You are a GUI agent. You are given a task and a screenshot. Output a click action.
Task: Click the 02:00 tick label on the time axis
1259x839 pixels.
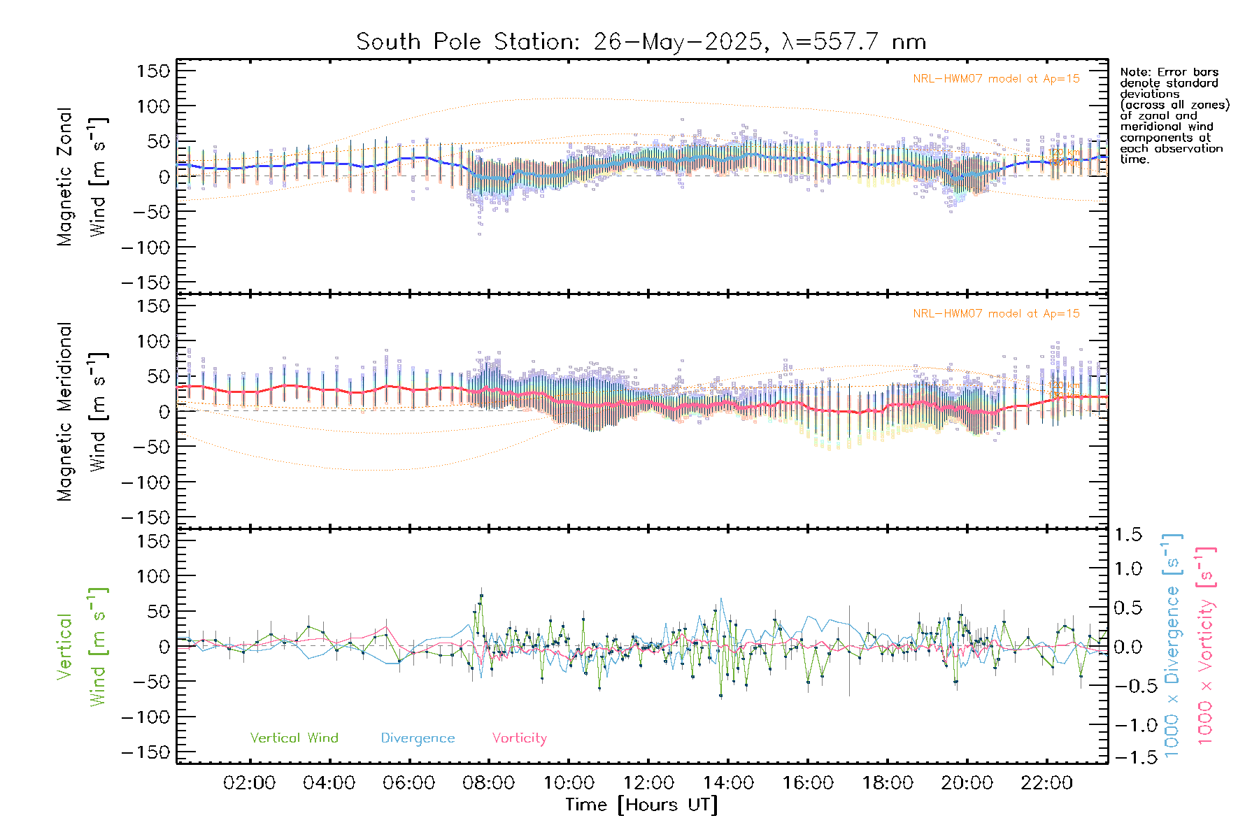pyautogui.click(x=249, y=783)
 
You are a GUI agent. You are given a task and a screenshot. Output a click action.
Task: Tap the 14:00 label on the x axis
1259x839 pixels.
pyautogui.click(x=728, y=783)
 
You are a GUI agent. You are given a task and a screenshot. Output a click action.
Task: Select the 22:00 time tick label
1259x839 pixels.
pyautogui.click(x=1046, y=783)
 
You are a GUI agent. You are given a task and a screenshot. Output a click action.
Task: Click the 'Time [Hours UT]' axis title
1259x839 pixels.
pyautogui.click(x=641, y=805)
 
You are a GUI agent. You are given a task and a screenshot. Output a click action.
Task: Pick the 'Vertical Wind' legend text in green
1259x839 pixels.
pyautogui.click(x=294, y=738)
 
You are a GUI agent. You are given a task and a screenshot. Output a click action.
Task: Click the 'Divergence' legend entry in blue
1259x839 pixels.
pyautogui.click(x=418, y=738)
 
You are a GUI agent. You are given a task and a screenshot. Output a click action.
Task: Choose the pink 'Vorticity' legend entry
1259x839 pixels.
pyautogui.click(x=519, y=738)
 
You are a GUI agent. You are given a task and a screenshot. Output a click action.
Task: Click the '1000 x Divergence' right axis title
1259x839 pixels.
pyautogui.click(x=1172, y=647)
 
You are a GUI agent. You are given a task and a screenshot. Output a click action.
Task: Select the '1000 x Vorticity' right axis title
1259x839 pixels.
pyautogui.click(x=1205, y=647)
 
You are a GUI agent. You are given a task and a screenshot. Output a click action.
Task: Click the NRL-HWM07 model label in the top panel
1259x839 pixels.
pyautogui.click(x=996, y=79)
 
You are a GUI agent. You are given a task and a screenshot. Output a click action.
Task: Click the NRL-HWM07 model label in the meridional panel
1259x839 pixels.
pyautogui.click(x=996, y=314)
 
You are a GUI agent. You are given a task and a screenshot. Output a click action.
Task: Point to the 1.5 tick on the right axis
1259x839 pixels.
pyautogui.click(x=1128, y=535)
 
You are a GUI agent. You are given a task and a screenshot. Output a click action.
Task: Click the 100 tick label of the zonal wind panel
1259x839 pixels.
pyautogui.click(x=153, y=106)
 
